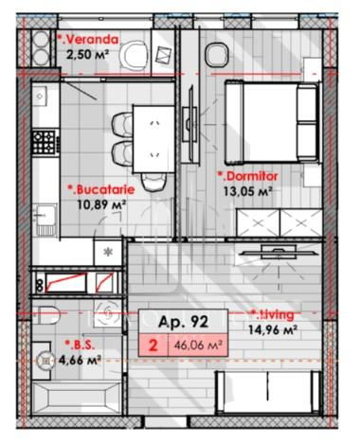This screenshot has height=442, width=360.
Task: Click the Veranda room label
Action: pos(88,40)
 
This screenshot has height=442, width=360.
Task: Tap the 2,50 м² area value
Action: pos(87,55)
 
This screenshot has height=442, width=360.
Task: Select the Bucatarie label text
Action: pos(101,189)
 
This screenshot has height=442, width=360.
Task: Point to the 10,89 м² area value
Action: pos(101,204)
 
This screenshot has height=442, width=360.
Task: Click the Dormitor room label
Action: pos(248,176)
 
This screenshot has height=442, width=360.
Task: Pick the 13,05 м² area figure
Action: pos(248,191)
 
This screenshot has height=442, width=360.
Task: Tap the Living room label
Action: pos(272,314)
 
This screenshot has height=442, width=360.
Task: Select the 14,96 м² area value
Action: pos(272,329)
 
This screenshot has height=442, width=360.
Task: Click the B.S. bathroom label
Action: pos(80,345)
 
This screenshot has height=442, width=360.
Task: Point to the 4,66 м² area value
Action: pos(80,360)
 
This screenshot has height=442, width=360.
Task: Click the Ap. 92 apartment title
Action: pos(183,322)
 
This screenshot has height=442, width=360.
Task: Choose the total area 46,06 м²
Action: pos(197,345)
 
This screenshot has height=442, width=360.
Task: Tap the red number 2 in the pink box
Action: pos(153,345)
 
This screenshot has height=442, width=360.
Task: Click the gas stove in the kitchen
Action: pos(45,142)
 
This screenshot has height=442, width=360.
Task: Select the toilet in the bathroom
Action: pos(47,315)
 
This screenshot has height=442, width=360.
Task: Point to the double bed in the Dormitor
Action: pos(271,122)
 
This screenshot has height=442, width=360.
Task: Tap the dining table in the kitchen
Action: pos(153,139)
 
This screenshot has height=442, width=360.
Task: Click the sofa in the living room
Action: pos(268,392)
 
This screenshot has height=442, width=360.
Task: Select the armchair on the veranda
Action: pos(135,57)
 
